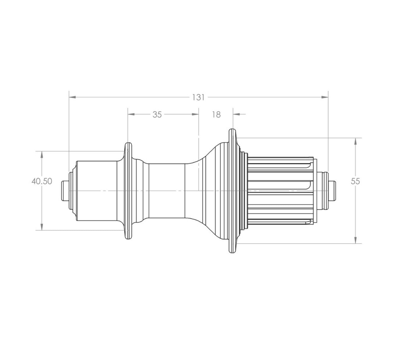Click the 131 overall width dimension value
point(198,97)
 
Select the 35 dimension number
point(157,114)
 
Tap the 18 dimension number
point(216,114)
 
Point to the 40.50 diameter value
point(42,181)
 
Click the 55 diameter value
point(355,181)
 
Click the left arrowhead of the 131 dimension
point(72,97)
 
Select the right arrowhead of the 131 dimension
point(325,97)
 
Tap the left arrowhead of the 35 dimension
point(131,114)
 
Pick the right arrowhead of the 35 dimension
point(195,114)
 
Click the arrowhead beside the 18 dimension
point(236,114)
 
